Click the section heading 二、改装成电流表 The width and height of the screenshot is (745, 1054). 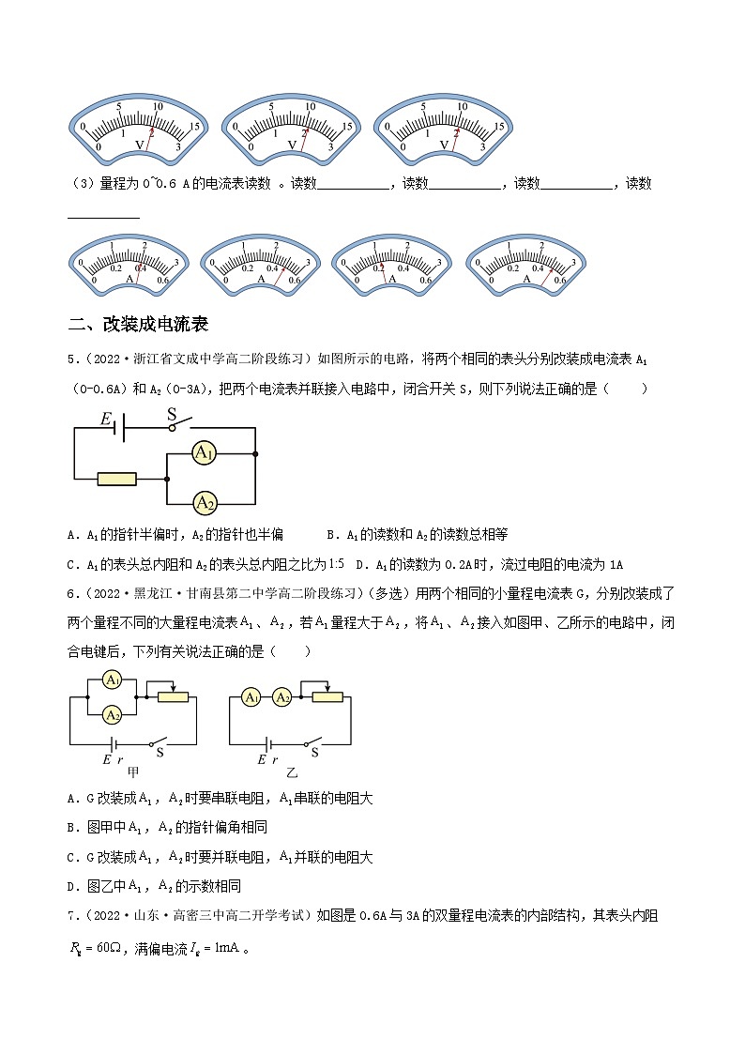click(138, 325)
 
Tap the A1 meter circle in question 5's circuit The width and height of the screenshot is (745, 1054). click(205, 454)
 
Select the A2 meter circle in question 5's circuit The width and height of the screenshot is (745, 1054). click(205, 504)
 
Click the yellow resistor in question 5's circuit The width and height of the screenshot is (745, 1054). click(117, 480)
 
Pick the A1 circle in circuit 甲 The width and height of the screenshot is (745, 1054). click(112, 680)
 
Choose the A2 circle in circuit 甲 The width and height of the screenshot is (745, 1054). click(112, 715)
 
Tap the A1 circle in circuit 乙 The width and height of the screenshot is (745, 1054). click(251, 697)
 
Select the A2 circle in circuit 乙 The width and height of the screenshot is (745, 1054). click(281, 697)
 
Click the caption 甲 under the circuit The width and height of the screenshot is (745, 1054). click(133, 771)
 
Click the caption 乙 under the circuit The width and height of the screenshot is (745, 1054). click(291, 771)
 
